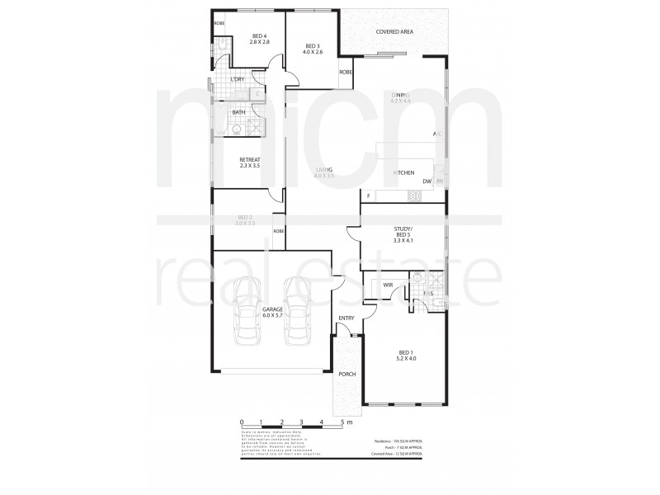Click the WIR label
click(x=388, y=285)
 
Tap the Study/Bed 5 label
click(x=403, y=236)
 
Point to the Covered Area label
click(x=394, y=31)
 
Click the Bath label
click(x=238, y=112)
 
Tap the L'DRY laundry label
click(x=237, y=79)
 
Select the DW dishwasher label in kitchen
click(x=427, y=181)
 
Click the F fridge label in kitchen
click(x=368, y=196)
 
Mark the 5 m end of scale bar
click(x=344, y=422)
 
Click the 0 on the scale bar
click(x=241, y=422)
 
